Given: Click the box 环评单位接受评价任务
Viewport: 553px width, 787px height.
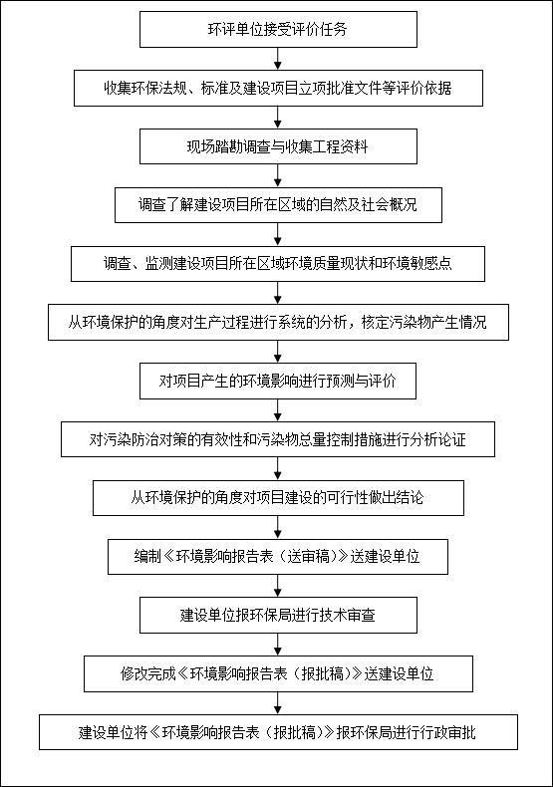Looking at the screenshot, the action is [278, 30].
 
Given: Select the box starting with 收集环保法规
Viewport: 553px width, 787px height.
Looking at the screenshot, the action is [278, 89].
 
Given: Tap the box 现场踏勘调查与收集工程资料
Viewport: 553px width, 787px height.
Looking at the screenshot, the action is [278, 146].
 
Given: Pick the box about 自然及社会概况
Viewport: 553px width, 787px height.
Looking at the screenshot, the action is [278, 205].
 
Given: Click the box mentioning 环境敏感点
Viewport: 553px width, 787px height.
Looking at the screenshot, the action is [278, 264].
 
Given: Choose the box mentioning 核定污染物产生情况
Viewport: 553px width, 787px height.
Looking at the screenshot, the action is [278, 322].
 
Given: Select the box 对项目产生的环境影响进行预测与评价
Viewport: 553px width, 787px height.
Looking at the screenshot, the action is [278, 381].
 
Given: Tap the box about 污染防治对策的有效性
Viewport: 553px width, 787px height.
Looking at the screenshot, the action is [278, 439].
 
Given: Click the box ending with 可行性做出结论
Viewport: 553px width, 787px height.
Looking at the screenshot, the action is [278, 498].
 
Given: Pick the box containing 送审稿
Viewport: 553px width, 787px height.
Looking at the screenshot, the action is [278, 557].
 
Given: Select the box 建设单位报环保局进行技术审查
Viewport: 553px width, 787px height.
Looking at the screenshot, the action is [278, 615].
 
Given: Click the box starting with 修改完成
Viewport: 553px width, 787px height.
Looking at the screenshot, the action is [278, 673].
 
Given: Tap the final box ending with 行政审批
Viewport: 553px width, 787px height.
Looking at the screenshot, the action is [278, 732].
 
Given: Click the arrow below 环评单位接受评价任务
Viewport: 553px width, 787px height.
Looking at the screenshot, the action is [278, 59].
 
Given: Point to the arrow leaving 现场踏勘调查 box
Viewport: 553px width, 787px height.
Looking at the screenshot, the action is [278, 175].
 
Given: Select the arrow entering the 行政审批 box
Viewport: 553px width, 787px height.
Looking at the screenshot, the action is [278, 703].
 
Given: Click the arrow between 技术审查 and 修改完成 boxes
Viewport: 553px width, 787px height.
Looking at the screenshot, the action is [278, 645].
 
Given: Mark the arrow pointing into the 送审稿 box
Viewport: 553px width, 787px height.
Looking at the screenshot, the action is [278, 528].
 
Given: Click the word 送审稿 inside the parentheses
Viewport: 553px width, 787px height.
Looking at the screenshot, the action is [308, 557].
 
